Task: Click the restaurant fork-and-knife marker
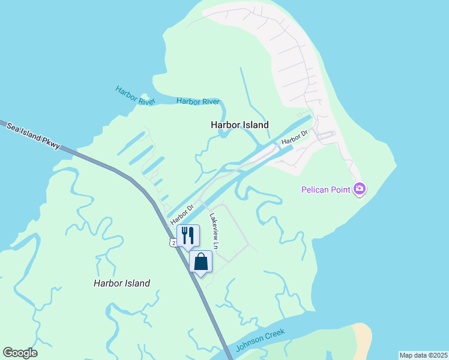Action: coord(187,235)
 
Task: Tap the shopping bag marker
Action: coord(201,262)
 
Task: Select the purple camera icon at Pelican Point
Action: coord(360,190)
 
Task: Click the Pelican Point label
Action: coord(327,191)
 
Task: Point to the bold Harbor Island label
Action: coord(240,125)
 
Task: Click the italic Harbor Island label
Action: coord(122,283)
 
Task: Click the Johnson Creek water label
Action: coord(259,340)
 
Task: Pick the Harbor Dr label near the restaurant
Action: coord(182,215)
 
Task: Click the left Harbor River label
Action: coord(136,96)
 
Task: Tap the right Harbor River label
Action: coord(198,101)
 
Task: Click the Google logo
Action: coord(20,353)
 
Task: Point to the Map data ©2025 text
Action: coord(423,355)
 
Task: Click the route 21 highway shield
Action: coord(172,242)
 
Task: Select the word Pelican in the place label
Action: coord(316,191)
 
